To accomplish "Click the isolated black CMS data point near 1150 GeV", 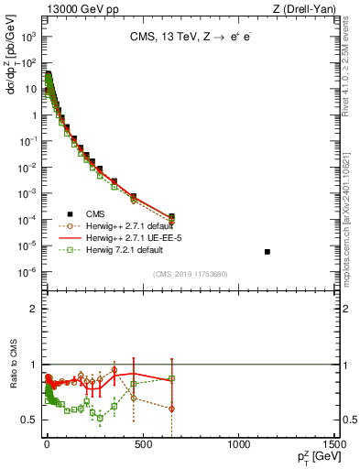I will click(267, 252).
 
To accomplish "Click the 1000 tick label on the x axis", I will click(240, 444).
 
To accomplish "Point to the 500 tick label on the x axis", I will click(143, 444).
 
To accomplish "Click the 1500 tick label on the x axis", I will click(336, 444).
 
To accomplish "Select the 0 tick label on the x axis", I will click(47, 444).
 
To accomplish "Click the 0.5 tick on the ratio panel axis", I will click(30, 420).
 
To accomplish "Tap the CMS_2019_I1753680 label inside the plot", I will click(191, 275).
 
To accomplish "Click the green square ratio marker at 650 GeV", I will click(171, 377).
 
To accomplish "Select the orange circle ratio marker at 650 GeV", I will click(171, 409).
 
